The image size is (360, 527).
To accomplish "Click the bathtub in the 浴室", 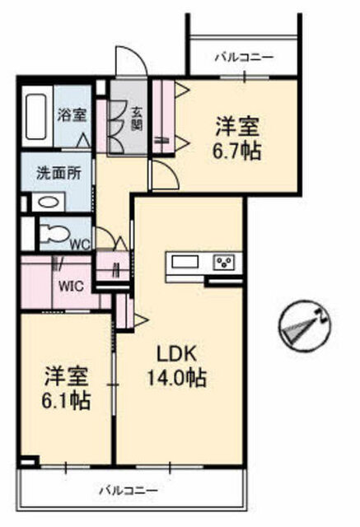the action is coord(36,117).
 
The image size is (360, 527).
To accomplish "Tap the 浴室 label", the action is coord(72,115).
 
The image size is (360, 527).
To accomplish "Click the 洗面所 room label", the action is coord(58,174).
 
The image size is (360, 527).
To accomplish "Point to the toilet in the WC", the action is coord(54,233).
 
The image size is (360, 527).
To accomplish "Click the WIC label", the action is coord(71,287).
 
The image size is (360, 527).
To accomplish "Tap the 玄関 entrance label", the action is coord(137,119).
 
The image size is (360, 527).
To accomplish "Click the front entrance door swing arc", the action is coord(131,59).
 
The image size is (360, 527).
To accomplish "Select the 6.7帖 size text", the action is coord(236,152).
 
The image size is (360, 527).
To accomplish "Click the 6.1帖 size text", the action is coord(66,400).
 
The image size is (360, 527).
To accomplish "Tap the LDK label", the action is coord(176,354).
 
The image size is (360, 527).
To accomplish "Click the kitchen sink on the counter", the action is coord(185,262).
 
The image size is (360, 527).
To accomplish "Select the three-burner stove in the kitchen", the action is coord(225,262).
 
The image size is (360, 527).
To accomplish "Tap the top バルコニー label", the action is coord(244,58).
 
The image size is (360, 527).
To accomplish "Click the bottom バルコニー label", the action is coord(128,491).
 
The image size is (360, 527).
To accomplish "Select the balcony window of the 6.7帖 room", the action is coord(245,77).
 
